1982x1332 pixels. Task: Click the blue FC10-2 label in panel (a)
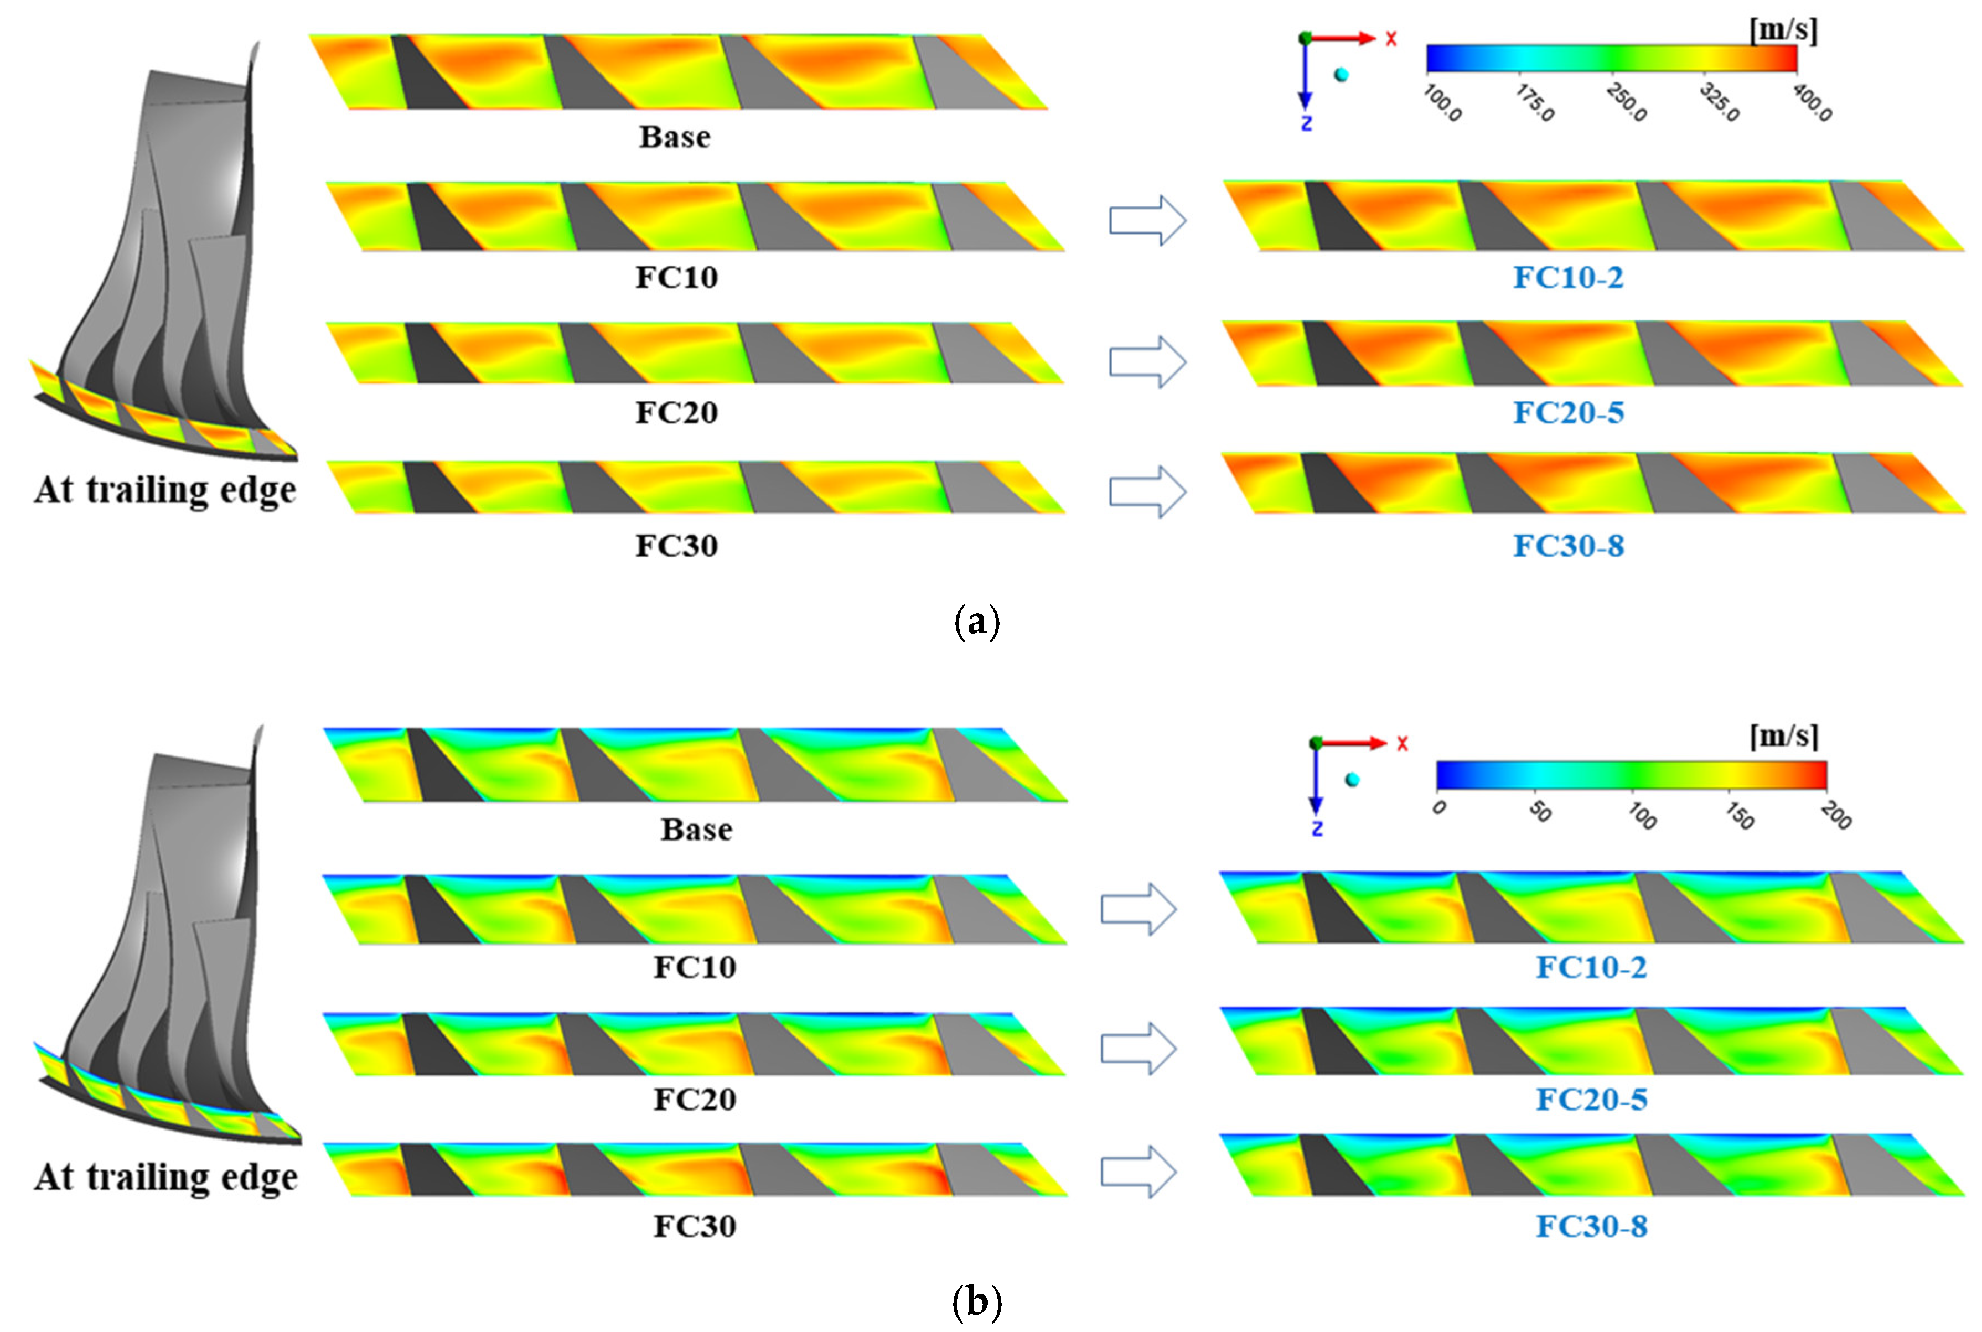click(1567, 278)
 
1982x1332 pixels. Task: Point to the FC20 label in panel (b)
click(694, 1099)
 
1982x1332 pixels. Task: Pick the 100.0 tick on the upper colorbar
click(1442, 103)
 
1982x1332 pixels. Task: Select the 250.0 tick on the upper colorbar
click(1627, 103)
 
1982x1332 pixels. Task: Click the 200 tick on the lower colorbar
click(1836, 816)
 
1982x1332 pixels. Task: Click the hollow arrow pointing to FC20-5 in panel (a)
click(1147, 362)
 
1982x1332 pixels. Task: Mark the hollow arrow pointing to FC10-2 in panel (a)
click(1147, 221)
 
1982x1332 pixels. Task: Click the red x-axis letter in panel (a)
click(1391, 39)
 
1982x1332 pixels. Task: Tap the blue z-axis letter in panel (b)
click(1317, 829)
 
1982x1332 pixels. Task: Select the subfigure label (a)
click(977, 623)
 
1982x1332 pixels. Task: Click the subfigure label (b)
click(977, 1300)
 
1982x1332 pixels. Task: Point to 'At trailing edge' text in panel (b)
click(165, 1178)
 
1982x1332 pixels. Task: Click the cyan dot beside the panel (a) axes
click(1342, 75)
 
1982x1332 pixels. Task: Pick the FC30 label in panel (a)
click(676, 546)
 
